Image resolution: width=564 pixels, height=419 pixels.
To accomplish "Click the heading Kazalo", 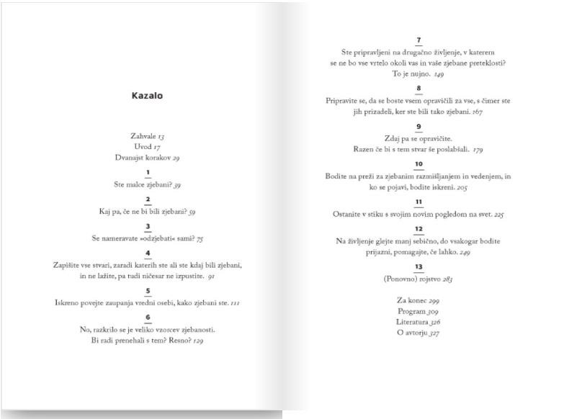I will [147, 96].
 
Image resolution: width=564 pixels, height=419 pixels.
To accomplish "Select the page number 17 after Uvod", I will [157, 146].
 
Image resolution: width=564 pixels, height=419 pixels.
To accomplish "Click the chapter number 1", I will [148, 173].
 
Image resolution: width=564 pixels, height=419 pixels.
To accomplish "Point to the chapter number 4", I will [148, 253].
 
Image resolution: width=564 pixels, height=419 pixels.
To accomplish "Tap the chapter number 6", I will [148, 317].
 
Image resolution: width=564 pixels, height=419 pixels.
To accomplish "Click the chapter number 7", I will [418, 40].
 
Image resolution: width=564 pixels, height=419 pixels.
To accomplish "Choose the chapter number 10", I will [418, 164].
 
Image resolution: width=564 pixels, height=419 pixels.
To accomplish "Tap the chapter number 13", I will [418, 267].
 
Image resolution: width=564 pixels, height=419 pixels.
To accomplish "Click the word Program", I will [411, 311].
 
